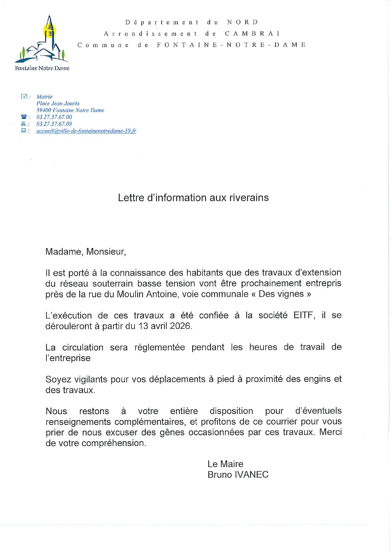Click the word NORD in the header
243,22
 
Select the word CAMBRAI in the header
252,34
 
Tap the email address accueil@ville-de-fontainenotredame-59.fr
86,131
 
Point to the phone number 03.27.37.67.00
54,117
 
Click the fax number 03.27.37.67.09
54,124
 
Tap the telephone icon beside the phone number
24,117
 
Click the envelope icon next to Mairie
24,96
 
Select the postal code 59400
44,110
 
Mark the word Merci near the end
330,432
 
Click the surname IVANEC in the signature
251,475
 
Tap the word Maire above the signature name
232,464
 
